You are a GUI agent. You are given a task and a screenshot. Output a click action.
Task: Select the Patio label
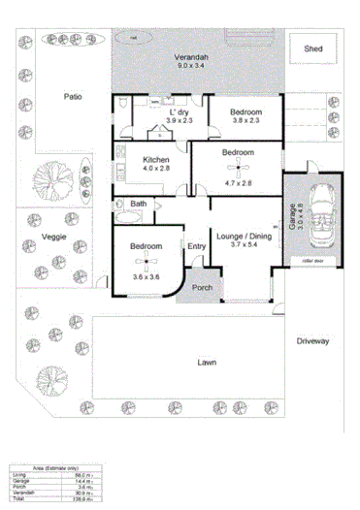point(73,96)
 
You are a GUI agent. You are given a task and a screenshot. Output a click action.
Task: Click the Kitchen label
point(156,160)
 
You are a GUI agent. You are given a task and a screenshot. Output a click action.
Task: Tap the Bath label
point(139,204)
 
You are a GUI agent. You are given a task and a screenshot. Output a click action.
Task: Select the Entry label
point(196,245)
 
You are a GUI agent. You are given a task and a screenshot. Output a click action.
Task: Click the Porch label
point(202,288)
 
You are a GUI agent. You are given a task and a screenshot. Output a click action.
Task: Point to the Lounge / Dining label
point(244,236)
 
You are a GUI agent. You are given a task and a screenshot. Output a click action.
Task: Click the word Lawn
point(206,363)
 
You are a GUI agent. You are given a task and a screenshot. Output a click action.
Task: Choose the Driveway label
point(313,341)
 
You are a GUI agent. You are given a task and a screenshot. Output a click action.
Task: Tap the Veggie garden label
point(54,237)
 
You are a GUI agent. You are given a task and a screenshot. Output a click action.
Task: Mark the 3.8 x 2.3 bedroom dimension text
point(245,122)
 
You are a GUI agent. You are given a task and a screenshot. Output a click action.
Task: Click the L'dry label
point(179,112)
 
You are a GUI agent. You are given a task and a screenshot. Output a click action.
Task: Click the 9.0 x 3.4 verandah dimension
point(190,67)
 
